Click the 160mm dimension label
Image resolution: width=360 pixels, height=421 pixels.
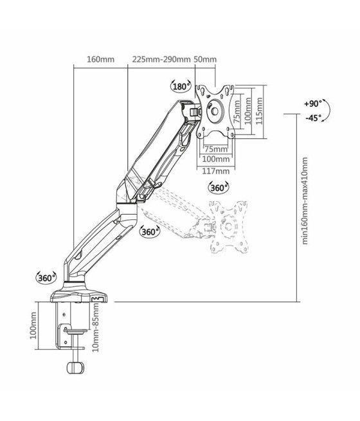coord(100,60)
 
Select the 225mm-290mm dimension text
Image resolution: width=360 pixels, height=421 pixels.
coord(161,60)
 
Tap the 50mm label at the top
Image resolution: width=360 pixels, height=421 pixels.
coord(205,60)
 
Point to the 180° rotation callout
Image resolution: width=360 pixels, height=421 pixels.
coord(180,86)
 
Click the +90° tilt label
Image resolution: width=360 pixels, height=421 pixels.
coord(312,103)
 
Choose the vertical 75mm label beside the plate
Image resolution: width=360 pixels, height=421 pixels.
coord(237,110)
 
